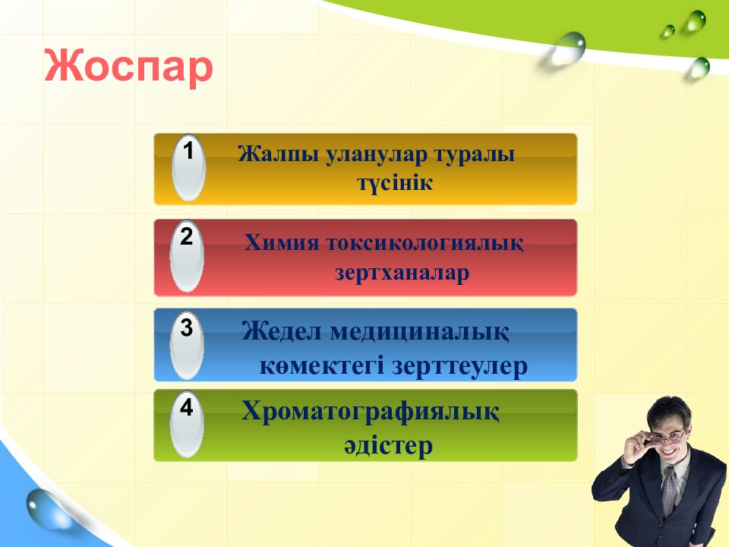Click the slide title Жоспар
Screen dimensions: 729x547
(x=129, y=68)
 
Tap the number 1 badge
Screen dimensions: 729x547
(x=188, y=168)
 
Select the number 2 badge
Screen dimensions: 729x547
(x=187, y=256)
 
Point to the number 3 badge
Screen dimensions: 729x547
(x=187, y=345)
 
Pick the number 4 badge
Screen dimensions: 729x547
(x=187, y=424)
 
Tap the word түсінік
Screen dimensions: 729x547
(x=395, y=182)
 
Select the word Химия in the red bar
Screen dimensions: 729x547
(x=282, y=243)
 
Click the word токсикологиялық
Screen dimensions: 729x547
(x=424, y=244)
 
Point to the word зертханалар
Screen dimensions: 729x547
(x=402, y=273)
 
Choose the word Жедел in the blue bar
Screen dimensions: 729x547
(x=282, y=332)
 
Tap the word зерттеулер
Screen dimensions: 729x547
(x=459, y=366)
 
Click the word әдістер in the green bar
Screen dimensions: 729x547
(x=388, y=446)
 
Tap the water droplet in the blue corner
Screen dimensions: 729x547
(x=46, y=509)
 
